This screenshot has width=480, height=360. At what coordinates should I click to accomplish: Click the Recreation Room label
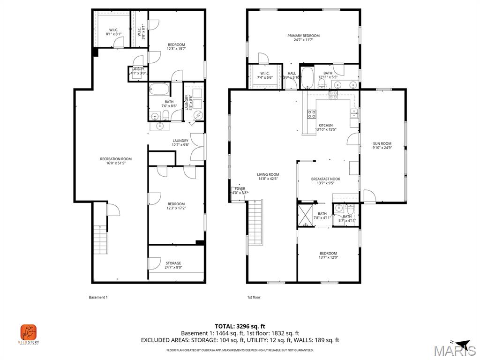click(116, 161)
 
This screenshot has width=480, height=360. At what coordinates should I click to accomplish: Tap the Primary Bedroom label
click(303, 38)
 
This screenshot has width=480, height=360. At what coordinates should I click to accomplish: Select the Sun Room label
click(382, 146)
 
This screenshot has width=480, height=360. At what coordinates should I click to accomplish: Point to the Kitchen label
click(325, 127)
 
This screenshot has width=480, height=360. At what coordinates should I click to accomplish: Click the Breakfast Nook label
click(325, 181)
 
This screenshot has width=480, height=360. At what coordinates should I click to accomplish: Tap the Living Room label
click(268, 177)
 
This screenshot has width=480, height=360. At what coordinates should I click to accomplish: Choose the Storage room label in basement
click(173, 265)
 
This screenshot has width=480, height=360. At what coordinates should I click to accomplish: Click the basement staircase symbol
click(100, 239)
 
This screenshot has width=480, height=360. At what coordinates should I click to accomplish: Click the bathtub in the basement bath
click(159, 90)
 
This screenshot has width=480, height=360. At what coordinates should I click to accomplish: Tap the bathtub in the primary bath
click(307, 78)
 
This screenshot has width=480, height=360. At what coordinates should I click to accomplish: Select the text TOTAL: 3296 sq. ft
click(240, 326)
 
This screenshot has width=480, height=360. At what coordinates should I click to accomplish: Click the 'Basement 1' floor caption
click(98, 297)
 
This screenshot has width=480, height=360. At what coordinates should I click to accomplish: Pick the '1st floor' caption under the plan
click(254, 297)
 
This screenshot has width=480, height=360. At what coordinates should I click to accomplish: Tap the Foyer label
click(240, 191)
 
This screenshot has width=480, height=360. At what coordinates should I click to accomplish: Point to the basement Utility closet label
click(138, 71)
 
